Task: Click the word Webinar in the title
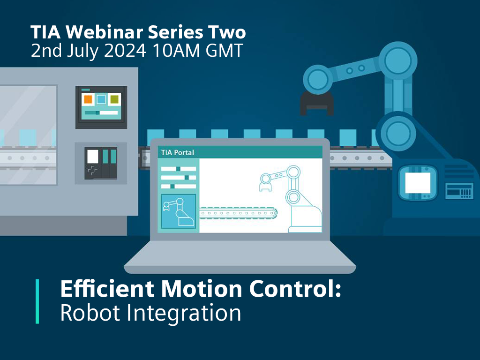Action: pyautogui.click(x=104, y=32)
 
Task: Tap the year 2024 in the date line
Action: pyautogui.click(x=125, y=51)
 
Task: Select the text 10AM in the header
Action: pyautogui.click(x=176, y=51)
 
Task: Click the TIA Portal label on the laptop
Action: pyautogui.click(x=178, y=152)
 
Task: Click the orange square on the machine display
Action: pyautogui.click(x=88, y=99)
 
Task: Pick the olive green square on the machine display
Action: pyautogui.click(x=114, y=99)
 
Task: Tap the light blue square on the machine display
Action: pyautogui.click(x=101, y=99)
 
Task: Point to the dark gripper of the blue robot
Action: pyautogui.click(x=316, y=104)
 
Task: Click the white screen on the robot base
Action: pyautogui.click(x=418, y=183)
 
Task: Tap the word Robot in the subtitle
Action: pyautogui.click(x=90, y=313)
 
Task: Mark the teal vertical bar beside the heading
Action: pyautogui.click(x=37, y=301)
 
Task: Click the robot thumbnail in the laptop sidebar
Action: pyautogui.click(x=179, y=211)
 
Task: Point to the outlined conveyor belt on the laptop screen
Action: pyautogui.click(x=238, y=213)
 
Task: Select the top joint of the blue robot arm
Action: pyautogui.click(x=397, y=61)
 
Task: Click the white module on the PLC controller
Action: pyautogui.click(x=93, y=157)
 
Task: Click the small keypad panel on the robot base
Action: pyautogui.click(x=459, y=191)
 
